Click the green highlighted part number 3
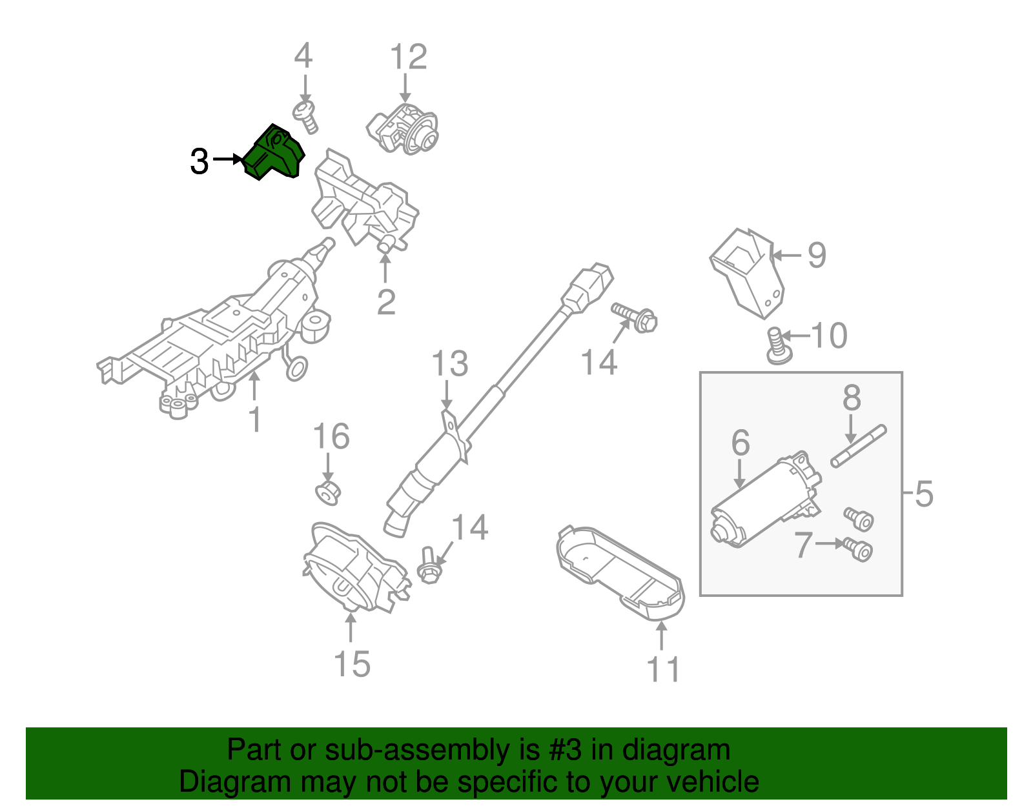click(274, 153)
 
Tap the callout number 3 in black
click(199, 161)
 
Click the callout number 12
click(408, 57)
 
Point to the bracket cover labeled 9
click(749, 271)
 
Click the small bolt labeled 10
click(777, 346)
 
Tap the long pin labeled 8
click(859, 446)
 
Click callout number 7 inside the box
click(803, 545)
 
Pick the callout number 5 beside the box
click(924, 494)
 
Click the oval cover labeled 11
click(620, 568)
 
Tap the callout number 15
click(352, 664)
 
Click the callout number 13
click(449, 364)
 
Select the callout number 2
click(386, 302)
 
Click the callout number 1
click(255, 419)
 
